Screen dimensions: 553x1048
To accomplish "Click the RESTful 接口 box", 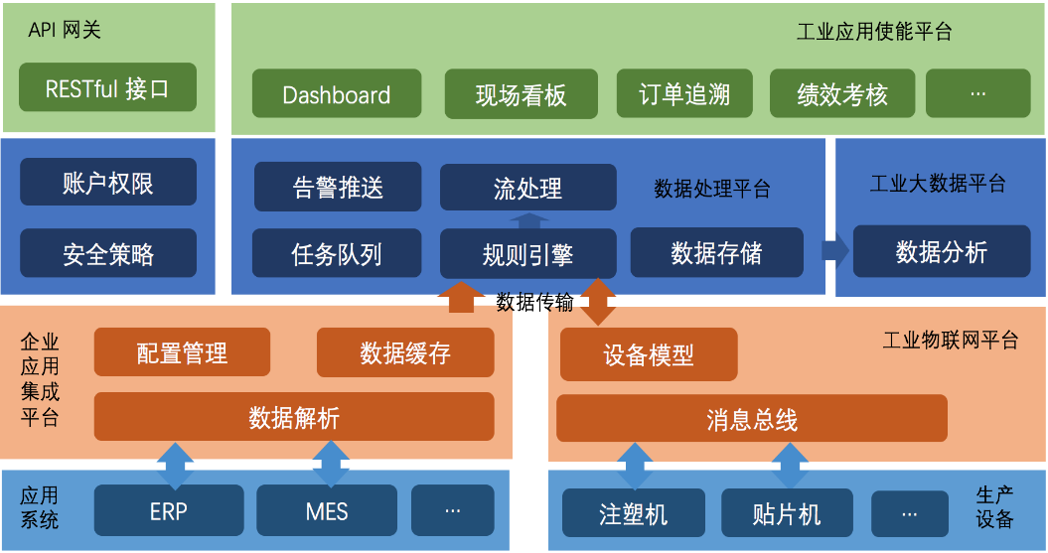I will (x=107, y=88).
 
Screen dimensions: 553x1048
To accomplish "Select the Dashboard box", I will (x=337, y=94).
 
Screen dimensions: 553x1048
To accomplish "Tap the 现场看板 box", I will (x=521, y=94).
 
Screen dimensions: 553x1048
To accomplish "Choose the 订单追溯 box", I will (x=684, y=94).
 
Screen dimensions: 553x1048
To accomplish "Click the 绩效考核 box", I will (x=841, y=94).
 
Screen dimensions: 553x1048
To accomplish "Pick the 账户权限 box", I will (x=107, y=183).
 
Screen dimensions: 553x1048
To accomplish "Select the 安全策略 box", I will (x=107, y=253).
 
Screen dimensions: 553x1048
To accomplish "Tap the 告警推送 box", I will (x=338, y=188).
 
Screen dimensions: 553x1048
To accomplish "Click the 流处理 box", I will (x=527, y=188).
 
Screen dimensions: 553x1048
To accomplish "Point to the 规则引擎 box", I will (x=527, y=253).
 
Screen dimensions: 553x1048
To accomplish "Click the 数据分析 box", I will (x=941, y=251).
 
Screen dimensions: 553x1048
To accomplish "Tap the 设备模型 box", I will (x=649, y=354).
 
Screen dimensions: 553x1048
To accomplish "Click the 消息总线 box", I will (x=751, y=419).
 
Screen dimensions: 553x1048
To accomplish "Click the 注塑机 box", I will (x=634, y=514).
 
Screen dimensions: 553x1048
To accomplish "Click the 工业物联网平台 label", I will (x=951, y=341).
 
